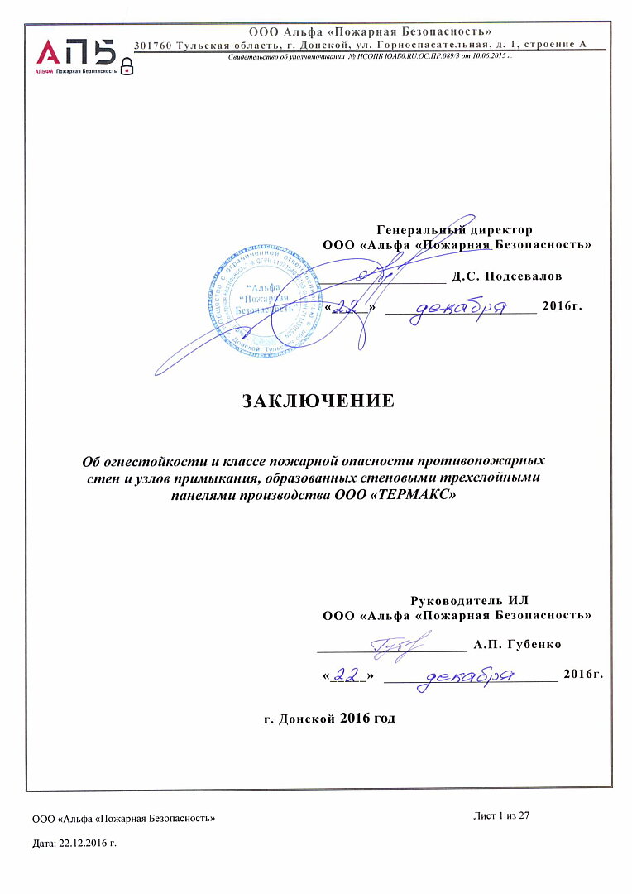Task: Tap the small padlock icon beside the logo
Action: pos(127,66)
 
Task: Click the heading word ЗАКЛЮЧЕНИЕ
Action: pos(318,401)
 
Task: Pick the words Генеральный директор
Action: pos(454,229)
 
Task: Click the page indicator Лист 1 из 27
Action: pos(500,816)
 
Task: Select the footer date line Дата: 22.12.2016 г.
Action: pos(74,843)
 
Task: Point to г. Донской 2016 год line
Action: pos(329,718)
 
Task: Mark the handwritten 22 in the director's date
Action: pos(352,307)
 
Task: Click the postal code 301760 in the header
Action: pos(152,45)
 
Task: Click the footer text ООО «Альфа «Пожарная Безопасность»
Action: pos(124,819)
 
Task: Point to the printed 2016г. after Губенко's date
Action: pos(582,675)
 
